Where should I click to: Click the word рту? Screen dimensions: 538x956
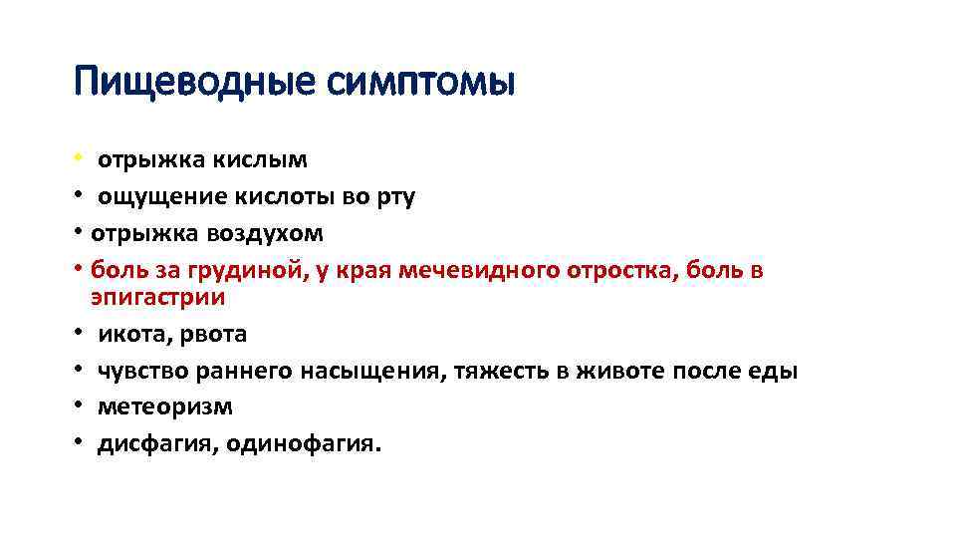click(x=394, y=196)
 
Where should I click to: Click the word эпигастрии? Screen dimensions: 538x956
click(x=157, y=296)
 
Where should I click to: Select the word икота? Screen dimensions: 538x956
click(x=130, y=334)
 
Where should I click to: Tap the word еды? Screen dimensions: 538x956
click(x=778, y=371)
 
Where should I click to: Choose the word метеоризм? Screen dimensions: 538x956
click(x=164, y=407)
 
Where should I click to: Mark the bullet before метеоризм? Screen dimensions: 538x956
click(x=78, y=407)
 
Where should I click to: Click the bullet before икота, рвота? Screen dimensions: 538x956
click(x=78, y=334)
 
